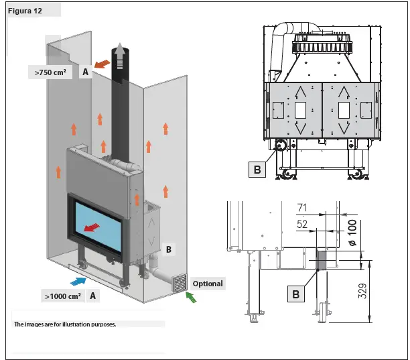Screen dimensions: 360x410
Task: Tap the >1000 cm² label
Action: (63, 296)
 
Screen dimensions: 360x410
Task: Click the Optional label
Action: (208, 284)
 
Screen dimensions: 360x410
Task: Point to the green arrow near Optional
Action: (192, 297)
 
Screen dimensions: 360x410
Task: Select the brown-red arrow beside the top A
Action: (102, 64)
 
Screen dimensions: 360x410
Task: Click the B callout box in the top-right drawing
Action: (258, 170)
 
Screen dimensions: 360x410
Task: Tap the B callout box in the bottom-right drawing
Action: (295, 292)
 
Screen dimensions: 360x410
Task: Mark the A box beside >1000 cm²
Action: (92, 296)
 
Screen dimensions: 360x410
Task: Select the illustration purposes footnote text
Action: (65, 324)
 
